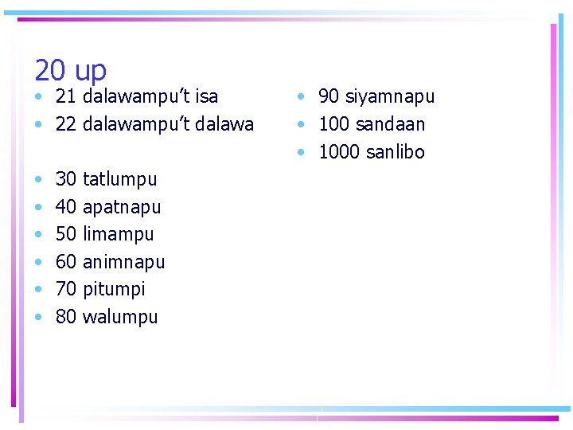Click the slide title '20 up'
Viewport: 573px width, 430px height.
click(x=70, y=72)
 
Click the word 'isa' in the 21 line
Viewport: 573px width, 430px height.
click(x=205, y=97)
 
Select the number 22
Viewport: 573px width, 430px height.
click(x=66, y=125)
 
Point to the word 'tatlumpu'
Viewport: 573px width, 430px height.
click(x=119, y=180)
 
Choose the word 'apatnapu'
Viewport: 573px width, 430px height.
click(x=122, y=208)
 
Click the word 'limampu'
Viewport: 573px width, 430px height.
click(x=118, y=235)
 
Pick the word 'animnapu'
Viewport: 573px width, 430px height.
click(x=123, y=262)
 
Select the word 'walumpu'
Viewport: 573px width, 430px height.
click(x=120, y=317)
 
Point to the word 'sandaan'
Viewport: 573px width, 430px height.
click(x=390, y=125)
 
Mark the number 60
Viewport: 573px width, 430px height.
click(x=66, y=262)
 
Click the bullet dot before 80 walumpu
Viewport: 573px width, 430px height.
click(x=39, y=318)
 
